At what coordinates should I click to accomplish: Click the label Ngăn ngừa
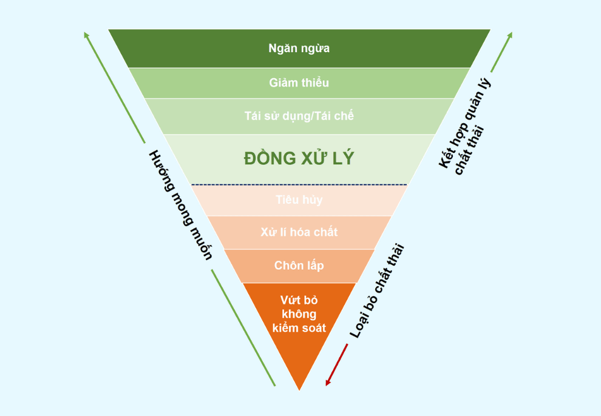[x=299, y=49]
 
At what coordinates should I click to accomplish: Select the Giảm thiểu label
[x=299, y=82]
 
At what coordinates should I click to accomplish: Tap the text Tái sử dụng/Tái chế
[x=299, y=116]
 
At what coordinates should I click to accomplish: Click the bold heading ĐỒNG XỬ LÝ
[x=299, y=158]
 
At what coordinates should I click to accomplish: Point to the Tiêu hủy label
[x=299, y=200]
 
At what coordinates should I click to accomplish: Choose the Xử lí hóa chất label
[x=299, y=232]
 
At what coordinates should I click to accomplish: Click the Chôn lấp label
[x=299, y=266]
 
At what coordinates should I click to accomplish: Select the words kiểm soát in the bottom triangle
[x=299, y=328]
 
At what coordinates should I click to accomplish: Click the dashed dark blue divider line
[x=299, y=184]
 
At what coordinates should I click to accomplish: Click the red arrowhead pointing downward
[x=328, y=381]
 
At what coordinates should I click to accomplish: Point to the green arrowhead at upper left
[x=87, y=35]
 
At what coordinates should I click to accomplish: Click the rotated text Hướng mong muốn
[x=180, y=205]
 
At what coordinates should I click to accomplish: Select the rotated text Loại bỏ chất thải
[x=376, y=291]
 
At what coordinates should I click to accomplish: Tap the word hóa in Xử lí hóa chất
[x=303, y=232]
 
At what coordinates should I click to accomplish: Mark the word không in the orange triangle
[x=299, y=314]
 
